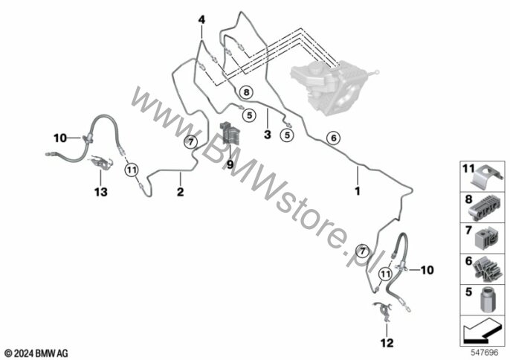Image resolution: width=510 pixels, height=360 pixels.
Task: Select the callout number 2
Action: pos(179,191)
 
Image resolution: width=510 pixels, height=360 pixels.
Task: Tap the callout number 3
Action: pos(267,135)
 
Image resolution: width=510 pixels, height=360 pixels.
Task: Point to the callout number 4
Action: pos(201,22)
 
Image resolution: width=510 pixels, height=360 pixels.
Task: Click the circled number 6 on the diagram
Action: pos(333,138)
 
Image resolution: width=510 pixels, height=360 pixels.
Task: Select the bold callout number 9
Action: pos(230,163)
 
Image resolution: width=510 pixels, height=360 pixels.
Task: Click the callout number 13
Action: pos(100,192)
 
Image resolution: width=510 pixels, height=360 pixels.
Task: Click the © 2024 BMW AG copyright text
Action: pos(36,351)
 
